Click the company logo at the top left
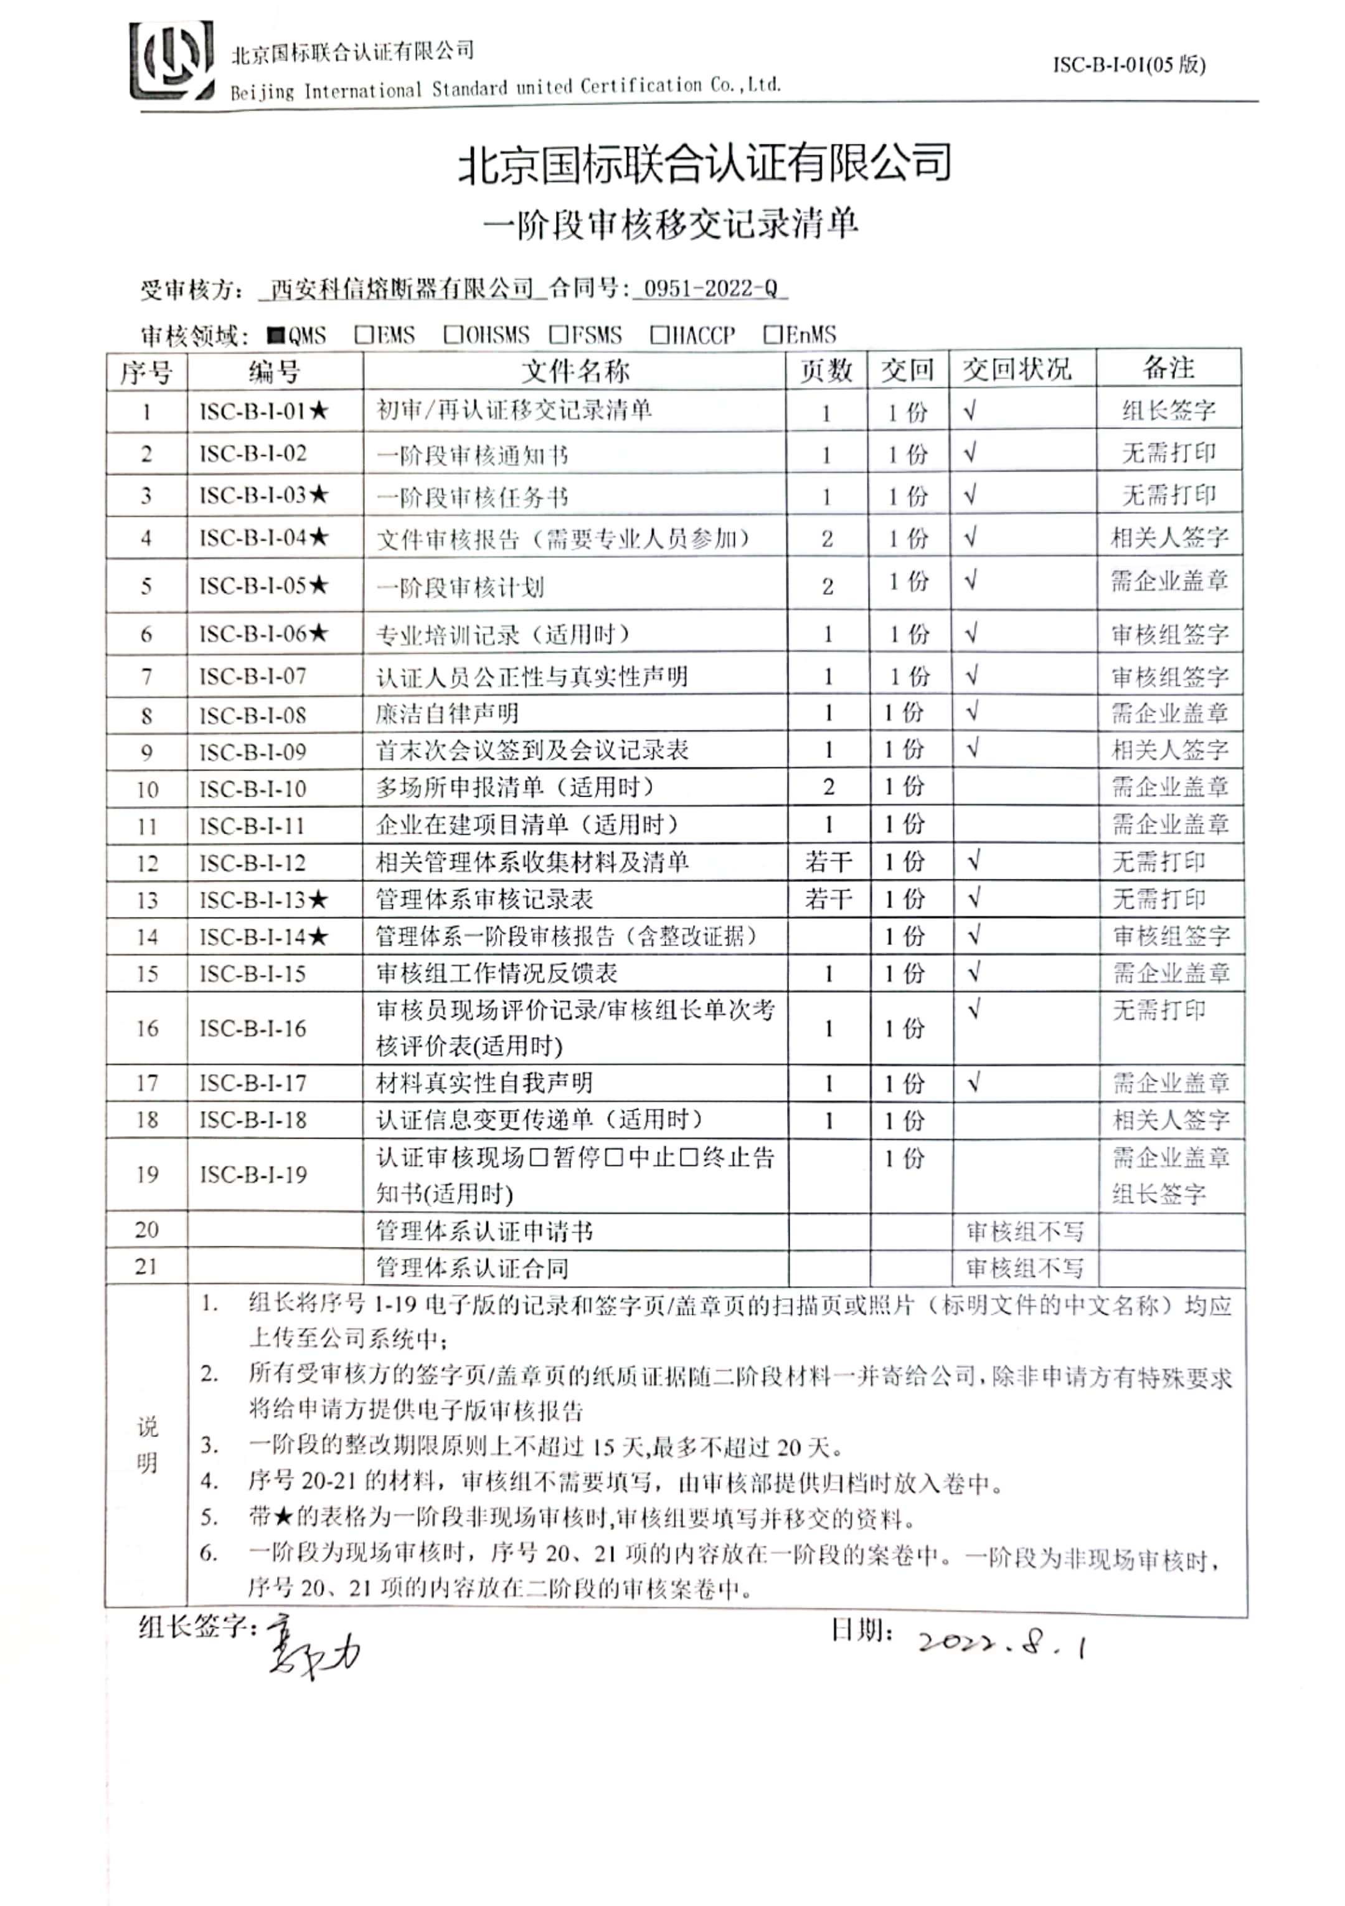pos(172,62)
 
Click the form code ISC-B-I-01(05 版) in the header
pos(1128,65)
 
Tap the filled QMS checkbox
pos(276,335)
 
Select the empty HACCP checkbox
pos(659,334)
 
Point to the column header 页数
pos(826,370)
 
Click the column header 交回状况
pos(1016,369)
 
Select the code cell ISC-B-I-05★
pos(264,586)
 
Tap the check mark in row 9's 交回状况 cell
pos(973,748)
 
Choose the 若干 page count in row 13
pos(828,899)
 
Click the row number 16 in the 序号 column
pos(147,1028)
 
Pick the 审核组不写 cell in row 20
pos(1025,1231)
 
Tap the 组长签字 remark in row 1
pos(1168,410)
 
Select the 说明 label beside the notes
pos(147,1445)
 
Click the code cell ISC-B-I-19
pos(253,1175)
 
